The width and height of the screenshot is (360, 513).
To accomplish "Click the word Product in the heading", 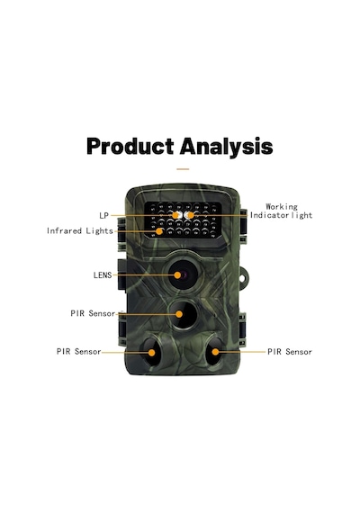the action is pos(130,146).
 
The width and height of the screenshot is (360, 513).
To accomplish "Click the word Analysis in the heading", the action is pos(226,148).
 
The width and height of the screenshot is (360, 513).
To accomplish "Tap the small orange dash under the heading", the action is pos(183,169).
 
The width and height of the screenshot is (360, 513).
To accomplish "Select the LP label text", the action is pos(103,216).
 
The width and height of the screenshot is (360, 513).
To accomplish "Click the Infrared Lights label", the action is pos(80,230).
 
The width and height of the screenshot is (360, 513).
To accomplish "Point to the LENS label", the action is pos(103,275).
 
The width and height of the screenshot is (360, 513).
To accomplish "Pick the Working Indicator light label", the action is pos(281,211).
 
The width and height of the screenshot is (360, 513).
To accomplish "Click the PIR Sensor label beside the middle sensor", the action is pos(93,313).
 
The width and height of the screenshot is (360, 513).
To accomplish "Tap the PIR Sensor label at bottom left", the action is pos(78,352).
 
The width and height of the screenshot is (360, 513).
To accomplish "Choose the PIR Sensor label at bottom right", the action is pos(290,352).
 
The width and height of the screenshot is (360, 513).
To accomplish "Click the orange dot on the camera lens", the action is pos(177,275).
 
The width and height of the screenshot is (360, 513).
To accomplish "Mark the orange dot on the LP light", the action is pos(175,215).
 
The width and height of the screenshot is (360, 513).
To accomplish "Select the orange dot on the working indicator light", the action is pos(190,215).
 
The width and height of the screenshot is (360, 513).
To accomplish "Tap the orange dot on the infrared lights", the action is pos(159,231).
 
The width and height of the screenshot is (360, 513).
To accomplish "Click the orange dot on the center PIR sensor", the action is pos(179,314).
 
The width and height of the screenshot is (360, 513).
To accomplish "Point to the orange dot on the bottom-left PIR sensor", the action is pos(152,353).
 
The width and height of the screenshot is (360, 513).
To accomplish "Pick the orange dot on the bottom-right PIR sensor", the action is pos(215,352).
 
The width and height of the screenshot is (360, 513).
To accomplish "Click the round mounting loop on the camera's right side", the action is pos(244,277).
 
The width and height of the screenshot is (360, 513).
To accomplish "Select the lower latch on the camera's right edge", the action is pos(243,329).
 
